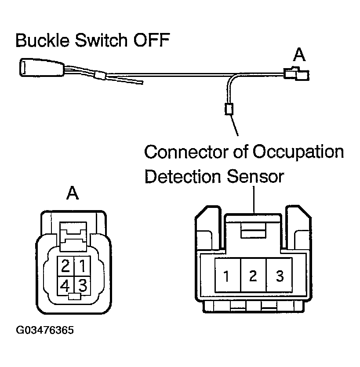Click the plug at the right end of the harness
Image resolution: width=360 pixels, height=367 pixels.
click(x=296, y=74)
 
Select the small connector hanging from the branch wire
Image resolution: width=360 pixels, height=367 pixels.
click(x=228, y=108)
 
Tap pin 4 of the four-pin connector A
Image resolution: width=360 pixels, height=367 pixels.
click(x=65, y=286)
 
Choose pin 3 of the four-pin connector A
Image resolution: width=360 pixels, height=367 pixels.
click(x=82, y=286)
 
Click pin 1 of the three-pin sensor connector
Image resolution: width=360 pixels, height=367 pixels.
click(x=226, y=277)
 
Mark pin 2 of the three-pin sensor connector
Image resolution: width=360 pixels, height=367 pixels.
click(x=253, y=276)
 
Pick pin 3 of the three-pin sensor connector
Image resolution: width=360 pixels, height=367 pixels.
click(x=280, y=276)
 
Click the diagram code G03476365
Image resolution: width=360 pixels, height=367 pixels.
click(x=45, y=330)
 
